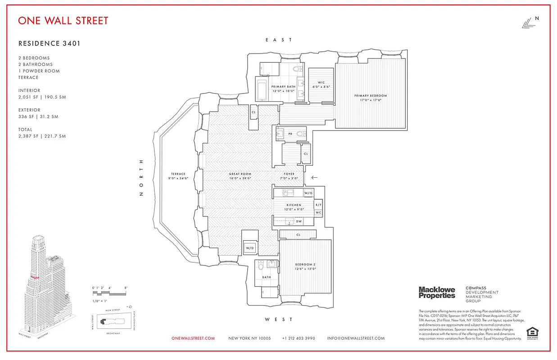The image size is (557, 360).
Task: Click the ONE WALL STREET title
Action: [63, 21]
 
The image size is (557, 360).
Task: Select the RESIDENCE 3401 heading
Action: [49, 44]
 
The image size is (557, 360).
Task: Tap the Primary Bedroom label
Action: [371, 96]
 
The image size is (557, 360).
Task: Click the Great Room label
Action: [240, 174]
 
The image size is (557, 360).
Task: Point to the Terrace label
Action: [178, 174]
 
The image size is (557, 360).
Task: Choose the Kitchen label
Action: [294, 205]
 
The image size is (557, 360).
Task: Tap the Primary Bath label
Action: [283, 86]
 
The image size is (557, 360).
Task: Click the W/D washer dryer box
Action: [249, 248]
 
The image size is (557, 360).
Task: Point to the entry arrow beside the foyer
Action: [314, 177]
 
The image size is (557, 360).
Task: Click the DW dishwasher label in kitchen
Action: [299, 221]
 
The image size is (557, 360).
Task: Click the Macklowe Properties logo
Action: [437, 292]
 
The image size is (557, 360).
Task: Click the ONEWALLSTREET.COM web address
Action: [193, 338]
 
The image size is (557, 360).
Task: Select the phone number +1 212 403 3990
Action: [299, 338]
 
